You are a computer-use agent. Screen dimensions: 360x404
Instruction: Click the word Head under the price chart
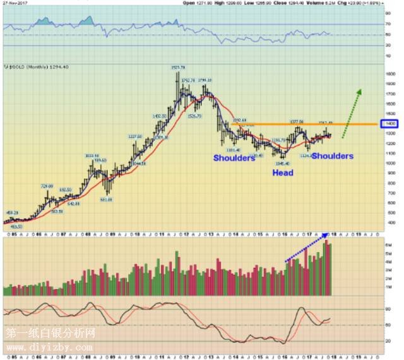click(283, 172)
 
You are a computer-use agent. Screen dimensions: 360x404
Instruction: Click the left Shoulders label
click(234, 158)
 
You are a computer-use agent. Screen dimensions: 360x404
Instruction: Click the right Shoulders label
click(332, 156)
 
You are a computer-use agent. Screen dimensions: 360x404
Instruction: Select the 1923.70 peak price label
click(177, 66)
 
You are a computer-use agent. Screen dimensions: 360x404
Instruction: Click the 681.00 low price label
click(108, 200)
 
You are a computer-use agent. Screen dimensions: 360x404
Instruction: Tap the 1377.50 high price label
click(297, 121)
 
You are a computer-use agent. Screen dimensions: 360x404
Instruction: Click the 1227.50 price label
click(135, 136)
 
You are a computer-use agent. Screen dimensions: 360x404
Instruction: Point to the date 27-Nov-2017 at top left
click(16, 3)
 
